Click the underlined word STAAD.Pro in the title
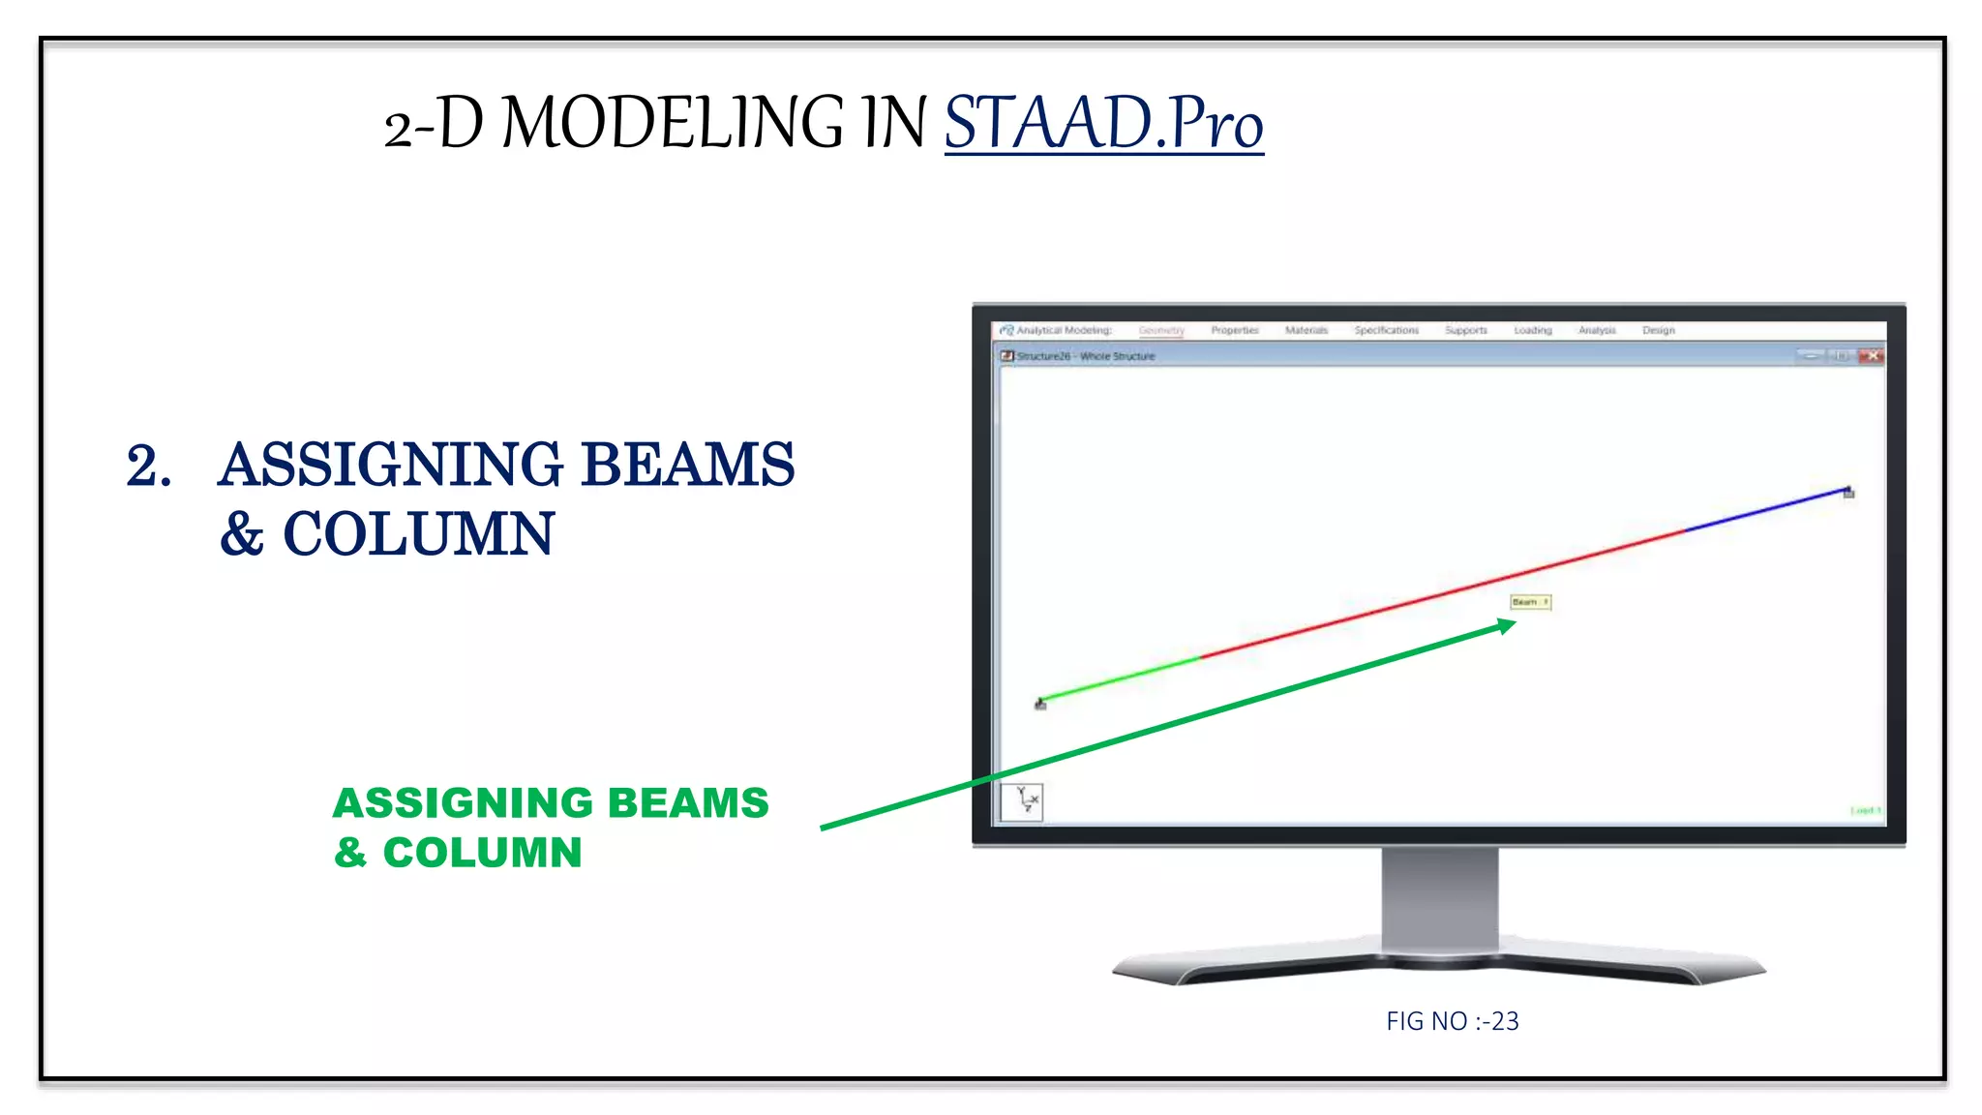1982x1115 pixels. (x=1103, y=124)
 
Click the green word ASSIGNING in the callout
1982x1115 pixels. (x=462, y=803)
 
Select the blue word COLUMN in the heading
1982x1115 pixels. (x=418, y=534)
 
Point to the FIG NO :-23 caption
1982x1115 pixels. (x=1452, y=1021)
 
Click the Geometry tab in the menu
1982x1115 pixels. (x=1161, y=330)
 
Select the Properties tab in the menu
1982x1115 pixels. (x=1235, y=330)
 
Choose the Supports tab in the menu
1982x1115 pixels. (x=1465, y=330)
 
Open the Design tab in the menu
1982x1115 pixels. (x=1658, y=330)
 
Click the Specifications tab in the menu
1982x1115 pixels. (x=1386, y=330)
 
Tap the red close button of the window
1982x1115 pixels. (x=1872, y=356)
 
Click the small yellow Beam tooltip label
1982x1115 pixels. (x=1530, y=602)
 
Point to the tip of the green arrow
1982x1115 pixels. (x=1512, y=624)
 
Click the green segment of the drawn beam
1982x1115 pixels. (x=1123, y=678)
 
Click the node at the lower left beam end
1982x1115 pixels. (x=1040, y=704)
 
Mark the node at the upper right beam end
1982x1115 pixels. (x=1848, y=492)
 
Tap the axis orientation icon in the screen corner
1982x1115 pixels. (x=1022, y=801)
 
